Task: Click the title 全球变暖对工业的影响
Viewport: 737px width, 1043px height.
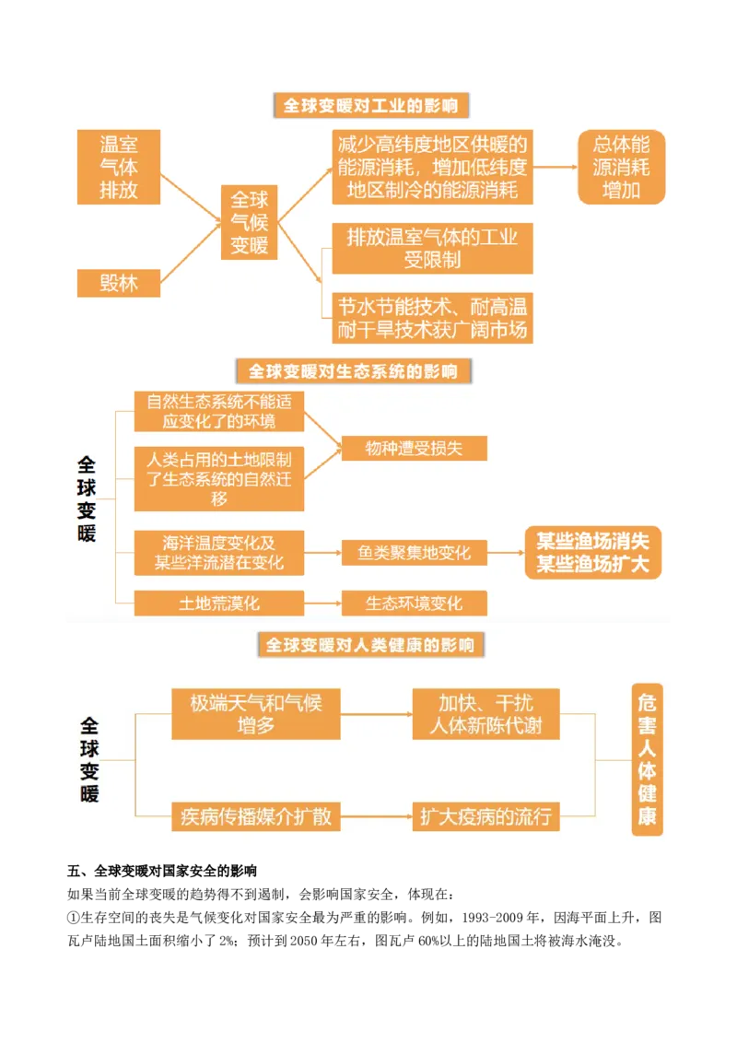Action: (371, 106)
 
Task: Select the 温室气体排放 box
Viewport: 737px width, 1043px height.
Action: (119, 167)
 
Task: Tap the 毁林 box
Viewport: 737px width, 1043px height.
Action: (119, 283)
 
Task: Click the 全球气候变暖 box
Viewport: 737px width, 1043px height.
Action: (249, 222)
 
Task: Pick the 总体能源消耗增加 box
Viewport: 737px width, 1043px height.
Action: (621, 167)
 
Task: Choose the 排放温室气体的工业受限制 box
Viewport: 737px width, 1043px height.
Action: (432, 248)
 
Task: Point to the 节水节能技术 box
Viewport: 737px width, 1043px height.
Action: (432, 318)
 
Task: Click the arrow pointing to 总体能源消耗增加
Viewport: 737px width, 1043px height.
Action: (555, 167)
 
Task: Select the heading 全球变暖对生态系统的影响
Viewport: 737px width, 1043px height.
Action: (353, 371)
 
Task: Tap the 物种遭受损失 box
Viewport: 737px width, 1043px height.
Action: (414, 449)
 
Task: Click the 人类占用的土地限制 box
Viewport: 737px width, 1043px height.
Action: (219, 478)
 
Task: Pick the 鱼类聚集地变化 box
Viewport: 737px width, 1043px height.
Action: (414, 553)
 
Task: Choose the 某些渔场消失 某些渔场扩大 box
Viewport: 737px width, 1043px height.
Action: (593, 552)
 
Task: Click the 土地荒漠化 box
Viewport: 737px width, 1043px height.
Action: (219, 604)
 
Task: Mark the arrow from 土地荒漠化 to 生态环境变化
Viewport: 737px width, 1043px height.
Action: (322, 604)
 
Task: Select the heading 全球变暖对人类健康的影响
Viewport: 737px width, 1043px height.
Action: (370, 644)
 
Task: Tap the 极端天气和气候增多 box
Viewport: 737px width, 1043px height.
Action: (256, 713)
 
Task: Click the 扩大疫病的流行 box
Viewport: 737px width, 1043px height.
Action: (485, 816)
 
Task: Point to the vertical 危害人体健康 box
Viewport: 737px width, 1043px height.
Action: (647, 759)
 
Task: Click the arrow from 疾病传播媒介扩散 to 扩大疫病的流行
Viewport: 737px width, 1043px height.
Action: (376, 816)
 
